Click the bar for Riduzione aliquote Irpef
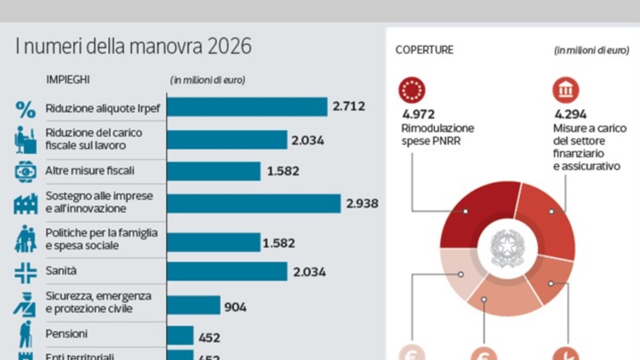point(247,107)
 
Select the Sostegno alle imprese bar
point(254,203)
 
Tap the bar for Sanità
point(227,271)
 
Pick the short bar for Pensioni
point(180,336)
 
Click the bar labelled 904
point(194,306)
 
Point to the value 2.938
point(362,203)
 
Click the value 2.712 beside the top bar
point(349,106)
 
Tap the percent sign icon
point(25,109)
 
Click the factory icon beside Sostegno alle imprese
point(25,203)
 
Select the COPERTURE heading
point(425,50)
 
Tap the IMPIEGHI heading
point(68,80)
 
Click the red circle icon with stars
point(412,90)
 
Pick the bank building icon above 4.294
point(565,90)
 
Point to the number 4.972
point(419,114)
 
